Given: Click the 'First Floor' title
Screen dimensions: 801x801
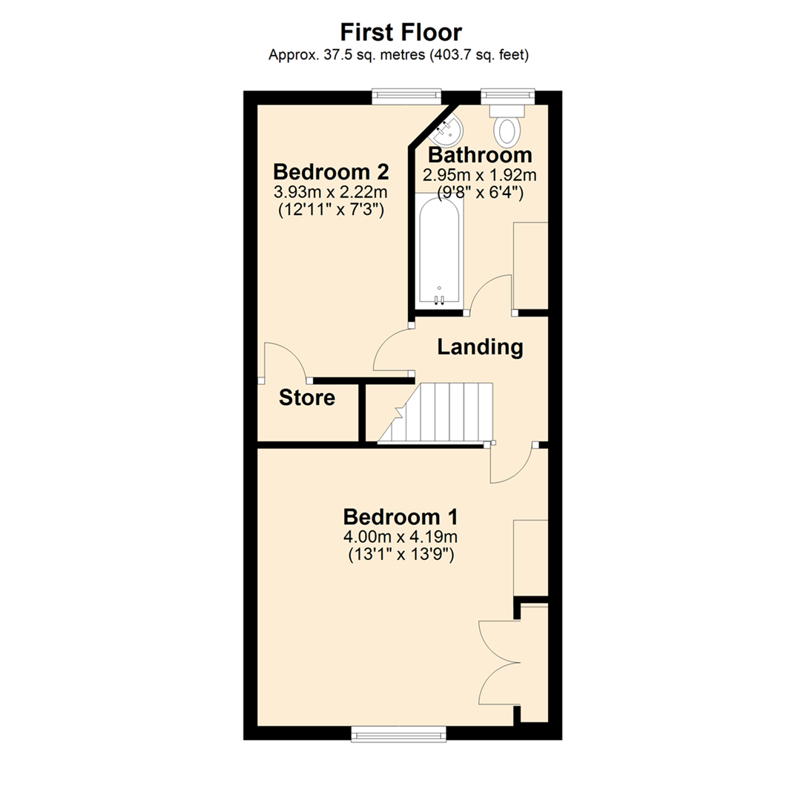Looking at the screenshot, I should [400, 32].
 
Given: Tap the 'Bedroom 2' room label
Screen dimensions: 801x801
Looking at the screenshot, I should [331, 172].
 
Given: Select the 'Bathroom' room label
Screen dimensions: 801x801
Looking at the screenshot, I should [480, 155].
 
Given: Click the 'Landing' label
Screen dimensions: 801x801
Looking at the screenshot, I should [480, 346].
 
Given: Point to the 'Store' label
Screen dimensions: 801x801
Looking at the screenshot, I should [307, 398].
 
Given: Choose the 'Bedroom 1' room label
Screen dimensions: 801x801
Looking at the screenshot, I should [400, 516].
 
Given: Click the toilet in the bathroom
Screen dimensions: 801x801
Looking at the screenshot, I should [507, 126].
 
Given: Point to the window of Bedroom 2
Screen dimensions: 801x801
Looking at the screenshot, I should [406, 96].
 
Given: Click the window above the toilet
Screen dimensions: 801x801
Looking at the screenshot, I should [507, 96].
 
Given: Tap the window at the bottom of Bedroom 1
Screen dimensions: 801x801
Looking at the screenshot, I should [399, 734].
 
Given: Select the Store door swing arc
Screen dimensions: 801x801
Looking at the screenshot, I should [286, 360].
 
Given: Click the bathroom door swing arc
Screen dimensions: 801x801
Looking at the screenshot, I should [489, 294].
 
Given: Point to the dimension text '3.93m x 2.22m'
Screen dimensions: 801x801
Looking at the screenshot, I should [331, 192].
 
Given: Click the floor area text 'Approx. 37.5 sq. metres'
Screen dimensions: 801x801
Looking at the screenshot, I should [347, 54].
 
